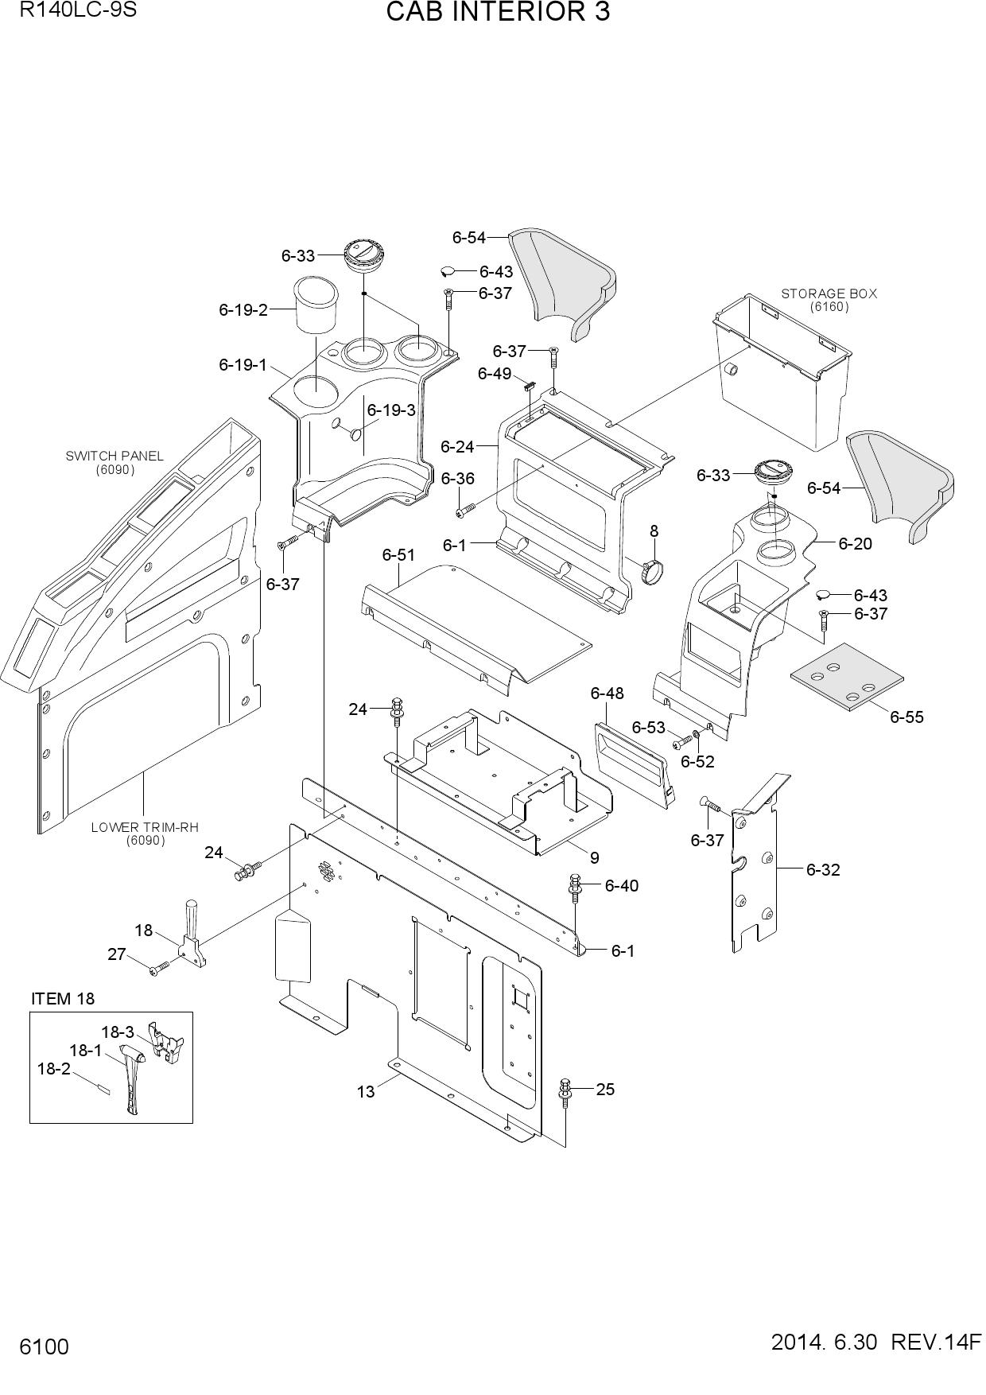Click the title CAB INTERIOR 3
point(498,13)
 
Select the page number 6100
point(45,1346)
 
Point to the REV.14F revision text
point(936,1343)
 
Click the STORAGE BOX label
point(829,293)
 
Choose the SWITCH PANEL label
point(115,456)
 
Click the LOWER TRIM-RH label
point(145,827)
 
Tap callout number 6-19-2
point(243,310)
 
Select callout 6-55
point(906,717)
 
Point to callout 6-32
point(823,869)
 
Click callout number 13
point(366,1092)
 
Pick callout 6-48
point(607,694)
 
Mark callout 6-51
point(398,554)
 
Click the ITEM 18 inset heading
point(63,998)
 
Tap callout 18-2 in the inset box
point(53,1068)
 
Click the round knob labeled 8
point(653,570)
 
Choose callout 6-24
point(457,447)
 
